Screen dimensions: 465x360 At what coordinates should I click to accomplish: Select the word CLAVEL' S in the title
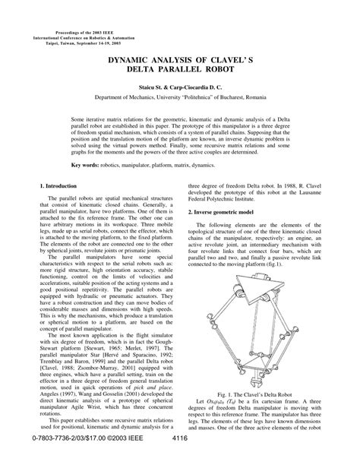(223, 68)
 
